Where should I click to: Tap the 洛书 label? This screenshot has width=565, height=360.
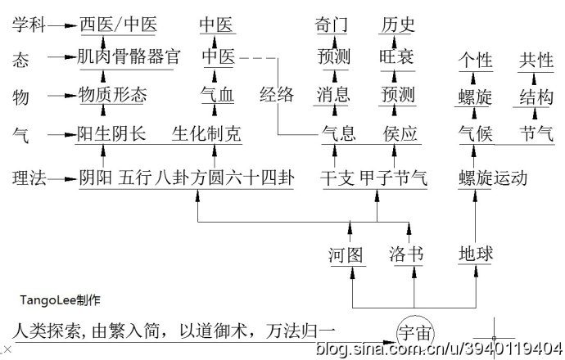point(405,254)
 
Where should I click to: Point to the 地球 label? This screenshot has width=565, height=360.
point(476,254)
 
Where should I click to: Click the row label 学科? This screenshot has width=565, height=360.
point(29,25)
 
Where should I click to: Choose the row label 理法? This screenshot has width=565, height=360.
point(29,178)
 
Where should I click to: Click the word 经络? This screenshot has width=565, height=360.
point(277,94)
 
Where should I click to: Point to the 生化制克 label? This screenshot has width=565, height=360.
point(206,133)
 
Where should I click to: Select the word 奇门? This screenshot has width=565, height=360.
point(332,25)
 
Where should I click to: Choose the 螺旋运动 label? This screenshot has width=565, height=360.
point(492,178)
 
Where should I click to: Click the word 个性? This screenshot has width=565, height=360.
point(475,61)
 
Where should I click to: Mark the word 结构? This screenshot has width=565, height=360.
point(536,97)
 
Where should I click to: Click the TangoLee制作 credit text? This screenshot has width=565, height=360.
point(62,299)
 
